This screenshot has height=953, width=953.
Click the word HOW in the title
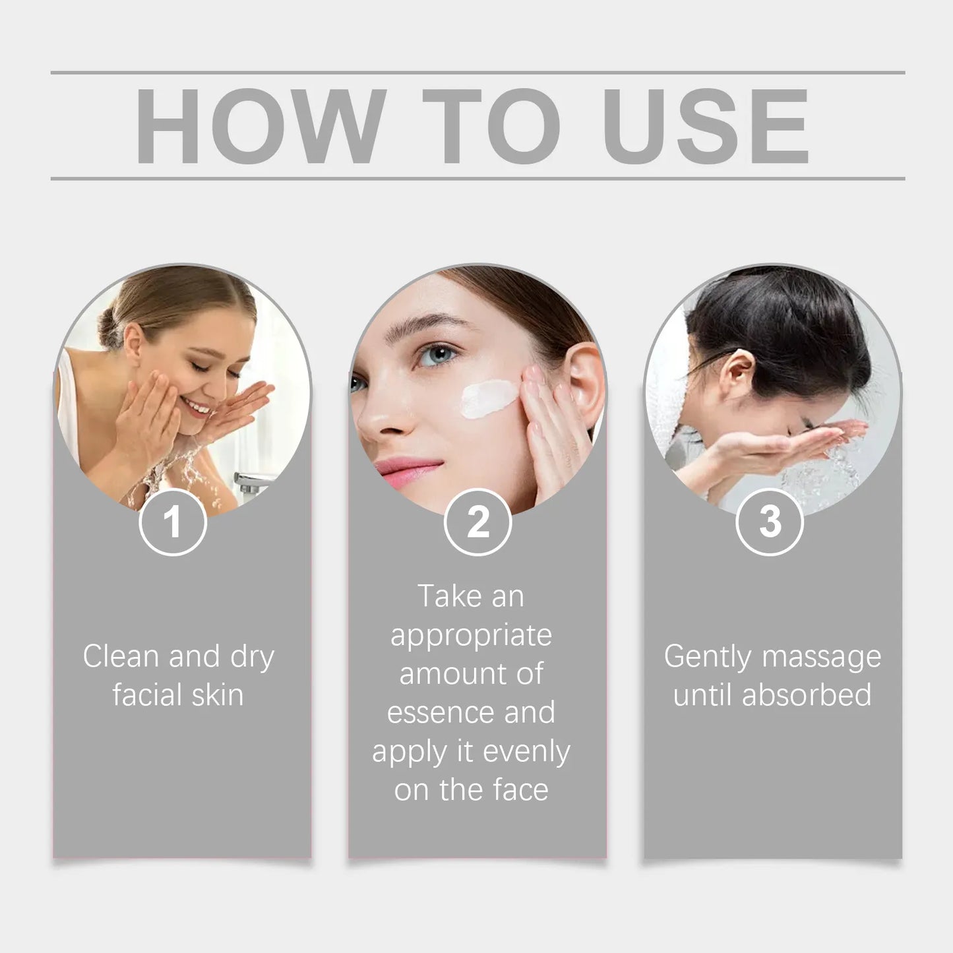coord(259,126)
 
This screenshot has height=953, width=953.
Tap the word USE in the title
coord(705,126)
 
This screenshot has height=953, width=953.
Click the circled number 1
coord(173,522)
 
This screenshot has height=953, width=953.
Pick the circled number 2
coord(478,522)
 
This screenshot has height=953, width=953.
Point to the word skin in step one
coord(214,695)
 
